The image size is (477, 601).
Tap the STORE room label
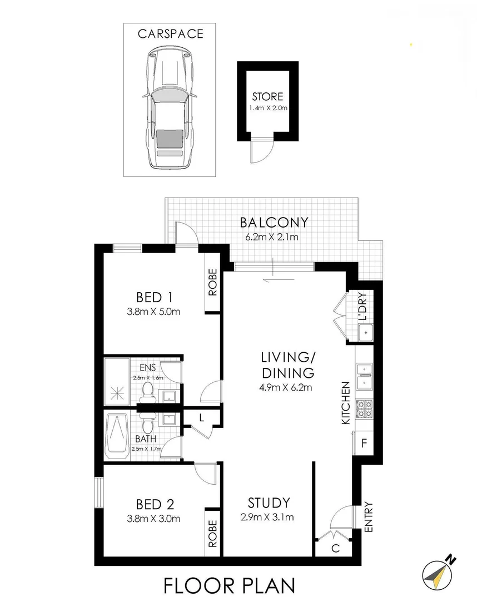267,96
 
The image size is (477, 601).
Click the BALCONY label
274,223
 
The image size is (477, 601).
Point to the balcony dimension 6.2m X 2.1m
272,237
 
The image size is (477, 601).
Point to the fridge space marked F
364,444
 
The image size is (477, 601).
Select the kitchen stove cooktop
364,409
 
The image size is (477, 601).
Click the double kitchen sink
364,375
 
